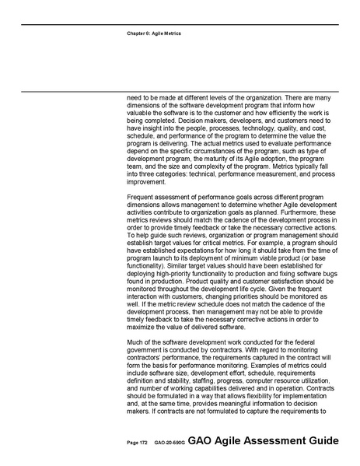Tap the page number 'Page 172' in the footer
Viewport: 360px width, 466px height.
point(137,443)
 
